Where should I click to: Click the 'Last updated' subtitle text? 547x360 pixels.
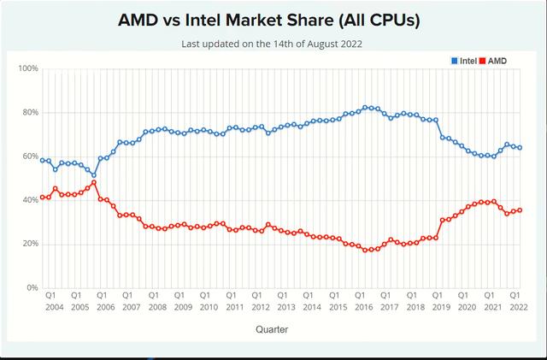(273, 44)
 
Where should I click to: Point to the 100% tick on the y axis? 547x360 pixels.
(28, 68)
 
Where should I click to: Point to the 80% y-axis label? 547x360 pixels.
(30, 112)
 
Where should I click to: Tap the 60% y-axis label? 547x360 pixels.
(30, 156)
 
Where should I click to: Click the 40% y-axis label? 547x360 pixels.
(30, 200)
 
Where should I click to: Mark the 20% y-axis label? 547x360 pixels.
(30, 244)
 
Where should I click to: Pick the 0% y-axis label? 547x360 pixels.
(32, 288)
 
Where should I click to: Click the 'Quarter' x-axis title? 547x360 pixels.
(273, 328)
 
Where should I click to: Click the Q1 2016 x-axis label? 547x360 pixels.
(364, 300)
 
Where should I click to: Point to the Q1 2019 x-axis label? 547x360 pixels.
(442, 300)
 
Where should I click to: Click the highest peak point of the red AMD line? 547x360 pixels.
(94, 182)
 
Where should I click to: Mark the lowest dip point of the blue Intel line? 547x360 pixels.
(94, 175)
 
